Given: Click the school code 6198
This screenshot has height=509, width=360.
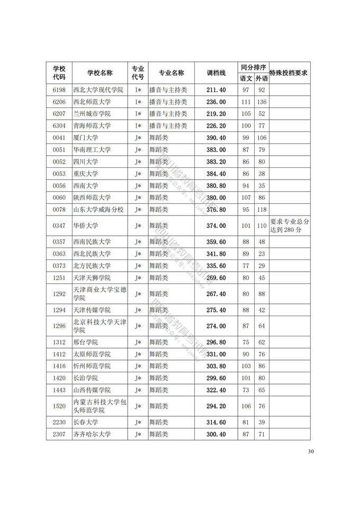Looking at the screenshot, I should point(59,90).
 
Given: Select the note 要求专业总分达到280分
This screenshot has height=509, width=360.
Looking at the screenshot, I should point(289,226).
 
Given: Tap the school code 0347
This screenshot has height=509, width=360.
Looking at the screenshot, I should point(59,226).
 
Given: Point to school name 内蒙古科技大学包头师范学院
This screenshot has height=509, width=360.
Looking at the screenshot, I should point(99,406).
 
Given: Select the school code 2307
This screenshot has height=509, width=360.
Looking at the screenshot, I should point(59,434).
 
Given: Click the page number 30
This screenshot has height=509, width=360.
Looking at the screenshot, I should point(311,452).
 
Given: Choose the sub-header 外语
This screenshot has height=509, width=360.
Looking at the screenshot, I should point(262,78).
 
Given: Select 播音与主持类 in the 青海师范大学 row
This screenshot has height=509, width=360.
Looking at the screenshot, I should point(168,126).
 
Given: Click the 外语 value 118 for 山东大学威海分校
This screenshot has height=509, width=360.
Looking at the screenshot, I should point(262,210).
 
